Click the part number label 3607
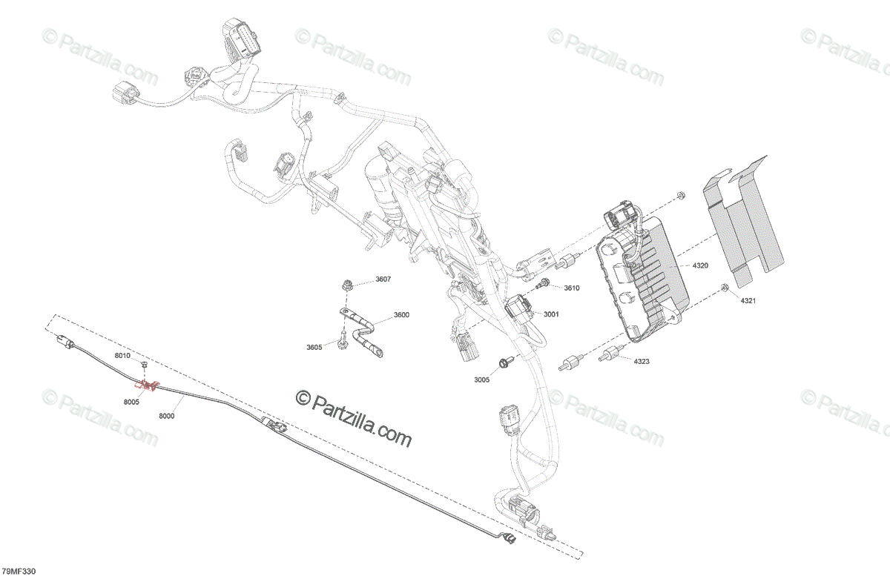(x=383, y=279)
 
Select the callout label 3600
(x=400, y=315)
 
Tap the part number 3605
(x=314, y=346)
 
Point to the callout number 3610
(x=571, y=288)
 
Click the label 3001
(x=550, y=314)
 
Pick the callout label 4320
(x=700, y=265)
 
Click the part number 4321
(x=748, y=301)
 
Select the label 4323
(x=642, y=360)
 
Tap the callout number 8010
(x=122, y=357)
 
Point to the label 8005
(x=131, y=402)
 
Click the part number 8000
(x=166, y=416)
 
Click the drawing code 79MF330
(x=19, y=571)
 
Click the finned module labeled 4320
(x=642, y=282)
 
